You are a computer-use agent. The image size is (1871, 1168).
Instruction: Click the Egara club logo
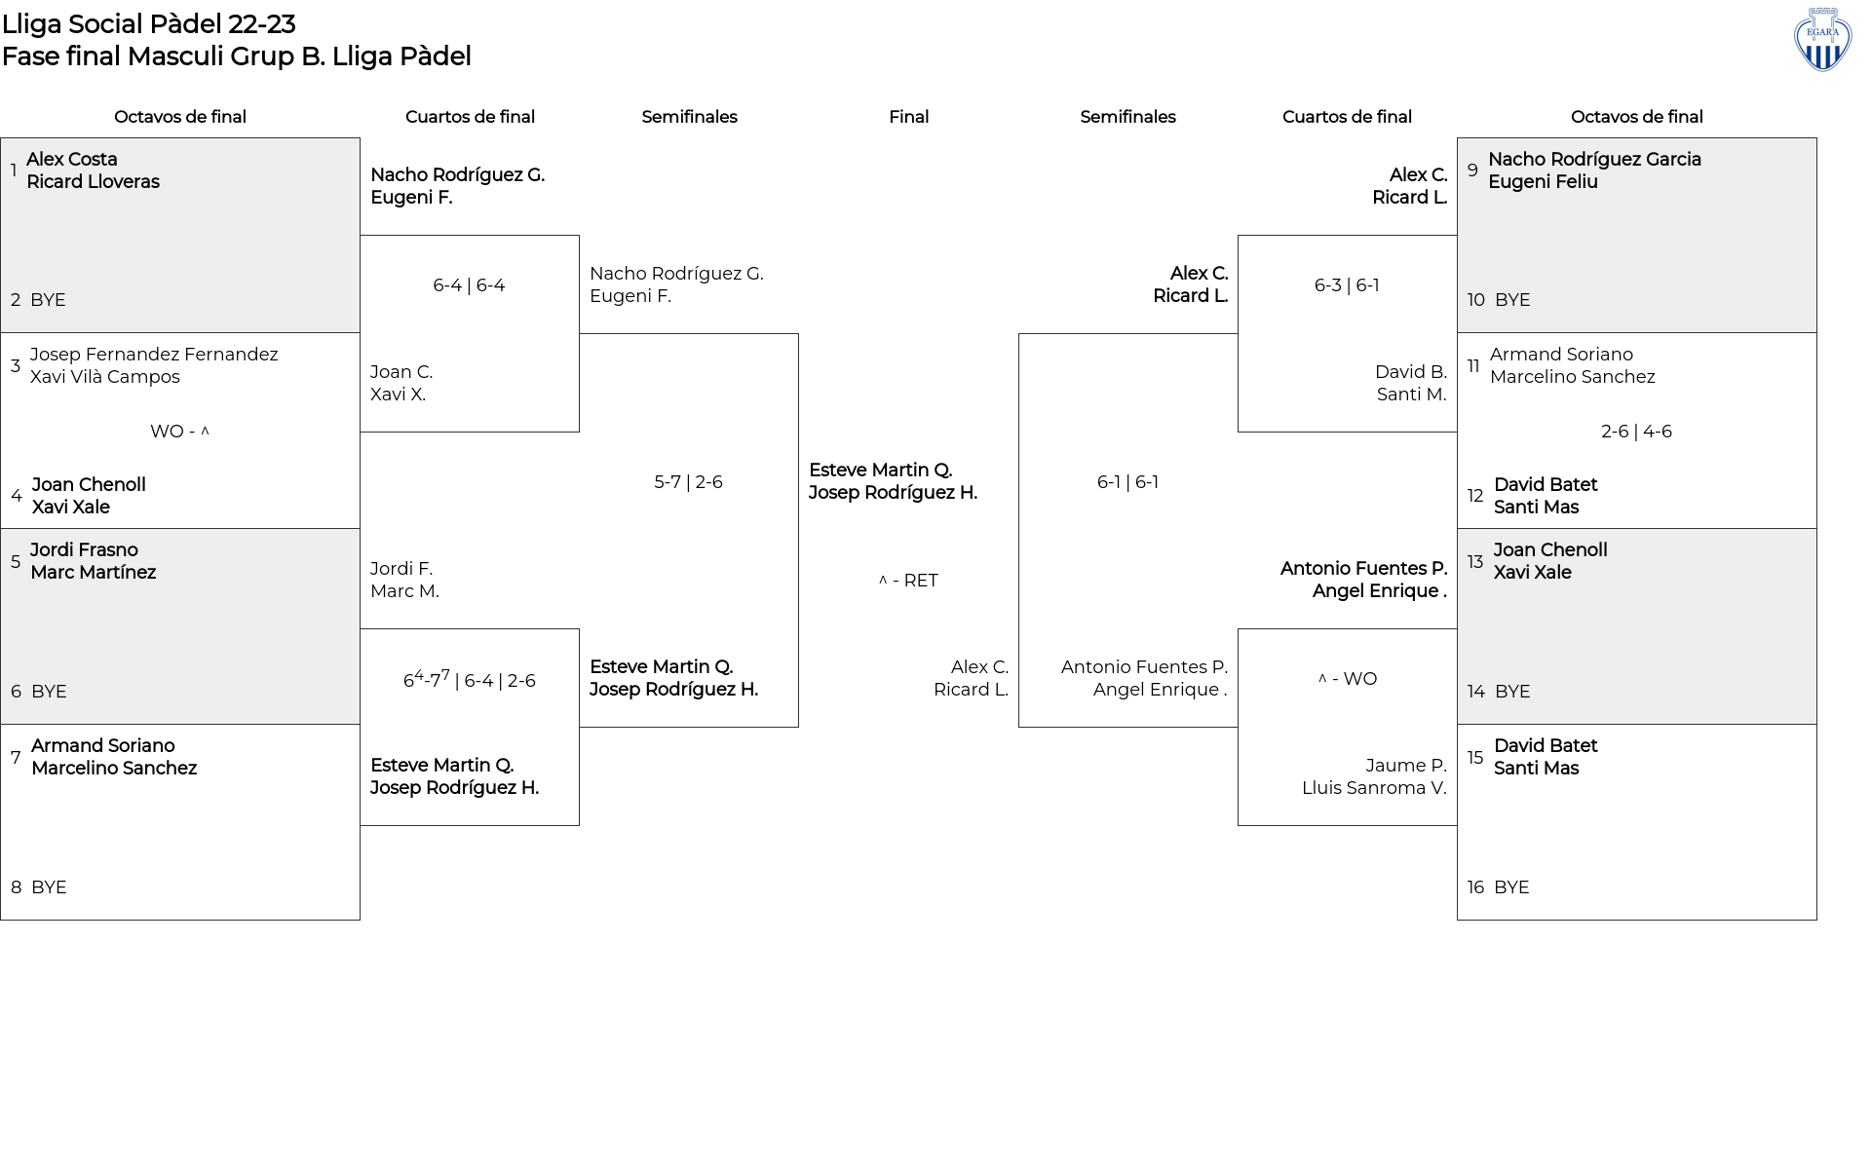pos(1822,40)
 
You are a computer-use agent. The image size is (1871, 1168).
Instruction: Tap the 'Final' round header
pos(908,117)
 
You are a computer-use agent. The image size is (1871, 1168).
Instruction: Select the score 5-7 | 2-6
pos(688,482)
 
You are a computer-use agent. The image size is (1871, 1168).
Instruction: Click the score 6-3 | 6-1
pos(1347,285)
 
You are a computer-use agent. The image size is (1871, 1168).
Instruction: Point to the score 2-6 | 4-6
pos(1636,432)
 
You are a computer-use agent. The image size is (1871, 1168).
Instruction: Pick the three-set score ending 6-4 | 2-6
pos(470,679)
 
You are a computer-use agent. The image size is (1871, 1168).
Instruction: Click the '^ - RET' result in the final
pos(908,581)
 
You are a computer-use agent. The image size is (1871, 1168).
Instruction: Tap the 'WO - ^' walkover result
pos(180,432)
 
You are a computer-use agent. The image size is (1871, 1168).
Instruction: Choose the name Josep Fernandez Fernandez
pos(154,355)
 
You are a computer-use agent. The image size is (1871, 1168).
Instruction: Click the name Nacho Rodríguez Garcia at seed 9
pos(1594,159)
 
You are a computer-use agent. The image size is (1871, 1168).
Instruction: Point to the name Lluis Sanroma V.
pos(1374,788)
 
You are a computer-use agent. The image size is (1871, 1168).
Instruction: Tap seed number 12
pos(1475,496)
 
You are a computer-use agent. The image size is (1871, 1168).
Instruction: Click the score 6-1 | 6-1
pos(1127,482)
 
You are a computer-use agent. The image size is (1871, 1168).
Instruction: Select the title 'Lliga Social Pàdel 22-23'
pos(149,23)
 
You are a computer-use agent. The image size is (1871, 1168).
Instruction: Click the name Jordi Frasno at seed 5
pos(84,550)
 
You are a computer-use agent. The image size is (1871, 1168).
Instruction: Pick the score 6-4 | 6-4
pos(469,285)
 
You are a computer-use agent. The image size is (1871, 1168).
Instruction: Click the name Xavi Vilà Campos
pos(105,377)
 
